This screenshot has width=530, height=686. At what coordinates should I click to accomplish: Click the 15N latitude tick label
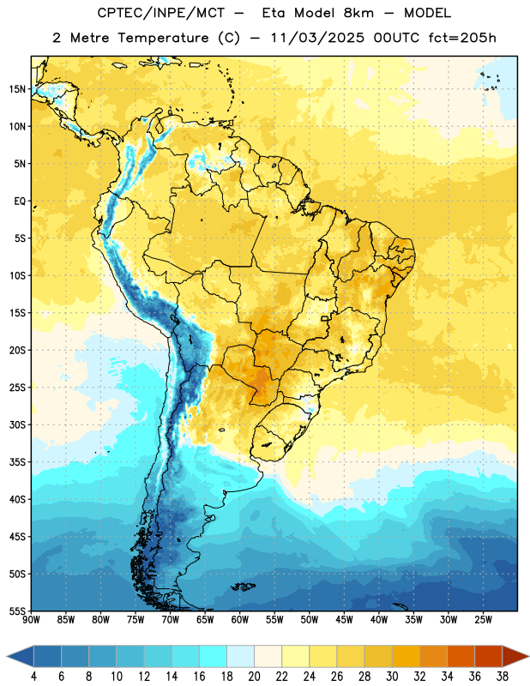click(17, 89)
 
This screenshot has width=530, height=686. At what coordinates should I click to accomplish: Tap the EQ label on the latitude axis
click(20, 202)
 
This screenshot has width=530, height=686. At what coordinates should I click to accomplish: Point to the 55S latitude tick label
click(17, 611)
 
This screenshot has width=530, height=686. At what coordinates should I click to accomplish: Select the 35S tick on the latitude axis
click(17, 462)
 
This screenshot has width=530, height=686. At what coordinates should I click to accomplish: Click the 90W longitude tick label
click(31, 619)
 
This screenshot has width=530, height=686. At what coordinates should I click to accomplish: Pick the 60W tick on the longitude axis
click(240, 619)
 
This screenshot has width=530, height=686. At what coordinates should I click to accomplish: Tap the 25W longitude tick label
click(483, 619)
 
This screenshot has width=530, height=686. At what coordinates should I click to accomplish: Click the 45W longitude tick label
click(344, 619)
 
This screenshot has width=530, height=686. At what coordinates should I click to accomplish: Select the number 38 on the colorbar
click(503, 677)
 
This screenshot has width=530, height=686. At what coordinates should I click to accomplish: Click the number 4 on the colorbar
click(33, 677)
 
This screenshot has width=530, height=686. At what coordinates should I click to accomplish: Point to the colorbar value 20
click(254, 677)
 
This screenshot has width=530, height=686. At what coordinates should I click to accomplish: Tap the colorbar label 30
click(392, 677)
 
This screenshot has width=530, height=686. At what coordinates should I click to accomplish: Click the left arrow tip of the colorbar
click(7, 656)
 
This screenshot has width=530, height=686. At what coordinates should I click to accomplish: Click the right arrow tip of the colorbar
click(529, 656)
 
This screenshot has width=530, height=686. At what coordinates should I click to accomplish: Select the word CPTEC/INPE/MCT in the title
click(160, 13)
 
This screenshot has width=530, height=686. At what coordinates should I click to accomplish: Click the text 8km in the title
click(358, 13)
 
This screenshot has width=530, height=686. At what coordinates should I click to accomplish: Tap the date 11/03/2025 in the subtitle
click(316, 38)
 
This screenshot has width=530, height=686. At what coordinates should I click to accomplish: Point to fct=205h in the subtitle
click(462, 38)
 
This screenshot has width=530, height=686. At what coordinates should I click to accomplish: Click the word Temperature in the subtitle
click(163, 39)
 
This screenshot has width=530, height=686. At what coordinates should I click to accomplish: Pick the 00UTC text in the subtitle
click(396, 38)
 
